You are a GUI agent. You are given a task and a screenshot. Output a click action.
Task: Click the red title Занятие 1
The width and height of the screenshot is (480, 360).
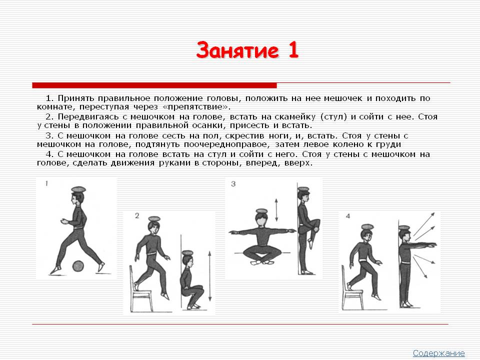click(247, 50)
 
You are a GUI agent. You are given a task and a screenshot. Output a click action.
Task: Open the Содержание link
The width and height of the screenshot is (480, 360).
click(438, 353)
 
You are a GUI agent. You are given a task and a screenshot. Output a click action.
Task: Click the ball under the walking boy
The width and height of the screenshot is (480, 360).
click(78, 266)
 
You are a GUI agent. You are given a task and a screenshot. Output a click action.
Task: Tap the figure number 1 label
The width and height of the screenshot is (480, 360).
click(46, 183)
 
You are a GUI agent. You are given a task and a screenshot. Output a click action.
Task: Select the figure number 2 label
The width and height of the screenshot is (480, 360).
click(137, 216)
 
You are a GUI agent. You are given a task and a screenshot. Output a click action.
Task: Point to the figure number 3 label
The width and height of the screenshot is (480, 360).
click(233, 184)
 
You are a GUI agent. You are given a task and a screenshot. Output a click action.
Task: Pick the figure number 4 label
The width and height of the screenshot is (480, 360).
click(348, 216)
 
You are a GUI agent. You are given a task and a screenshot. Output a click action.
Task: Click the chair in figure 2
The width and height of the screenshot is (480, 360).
click(140, 289)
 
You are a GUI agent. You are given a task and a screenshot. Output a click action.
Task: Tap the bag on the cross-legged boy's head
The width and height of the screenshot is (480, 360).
click(261, 211)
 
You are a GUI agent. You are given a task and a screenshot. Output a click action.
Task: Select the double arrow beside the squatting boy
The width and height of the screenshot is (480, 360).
click(209, 276)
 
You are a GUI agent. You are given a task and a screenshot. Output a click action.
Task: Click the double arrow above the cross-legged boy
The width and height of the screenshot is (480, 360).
click(276, 210)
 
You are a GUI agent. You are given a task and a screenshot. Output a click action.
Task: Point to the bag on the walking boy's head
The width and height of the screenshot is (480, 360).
click(78, 189)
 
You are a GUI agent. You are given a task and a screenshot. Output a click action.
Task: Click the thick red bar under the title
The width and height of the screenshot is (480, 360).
click(154, 85)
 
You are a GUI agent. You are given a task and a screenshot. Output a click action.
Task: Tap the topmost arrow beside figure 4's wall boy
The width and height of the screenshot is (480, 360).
click(424, 224)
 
